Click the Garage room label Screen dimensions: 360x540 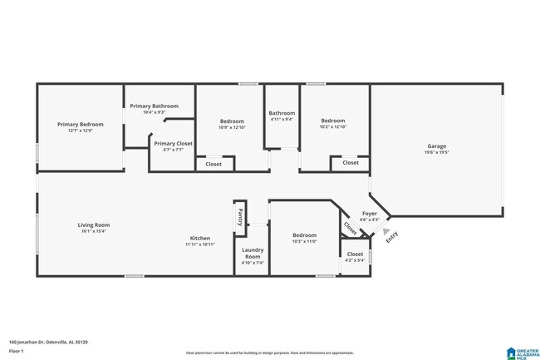437,145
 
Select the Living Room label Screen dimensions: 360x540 94,224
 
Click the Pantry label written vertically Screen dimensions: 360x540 240,217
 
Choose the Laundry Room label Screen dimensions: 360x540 252,254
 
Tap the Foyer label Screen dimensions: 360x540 369,214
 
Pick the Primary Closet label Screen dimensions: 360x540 174,143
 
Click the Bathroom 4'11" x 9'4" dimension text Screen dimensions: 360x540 282,120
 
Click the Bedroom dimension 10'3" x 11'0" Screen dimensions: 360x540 304,241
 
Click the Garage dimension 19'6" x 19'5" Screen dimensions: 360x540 437,152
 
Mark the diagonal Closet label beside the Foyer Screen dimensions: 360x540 351,224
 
